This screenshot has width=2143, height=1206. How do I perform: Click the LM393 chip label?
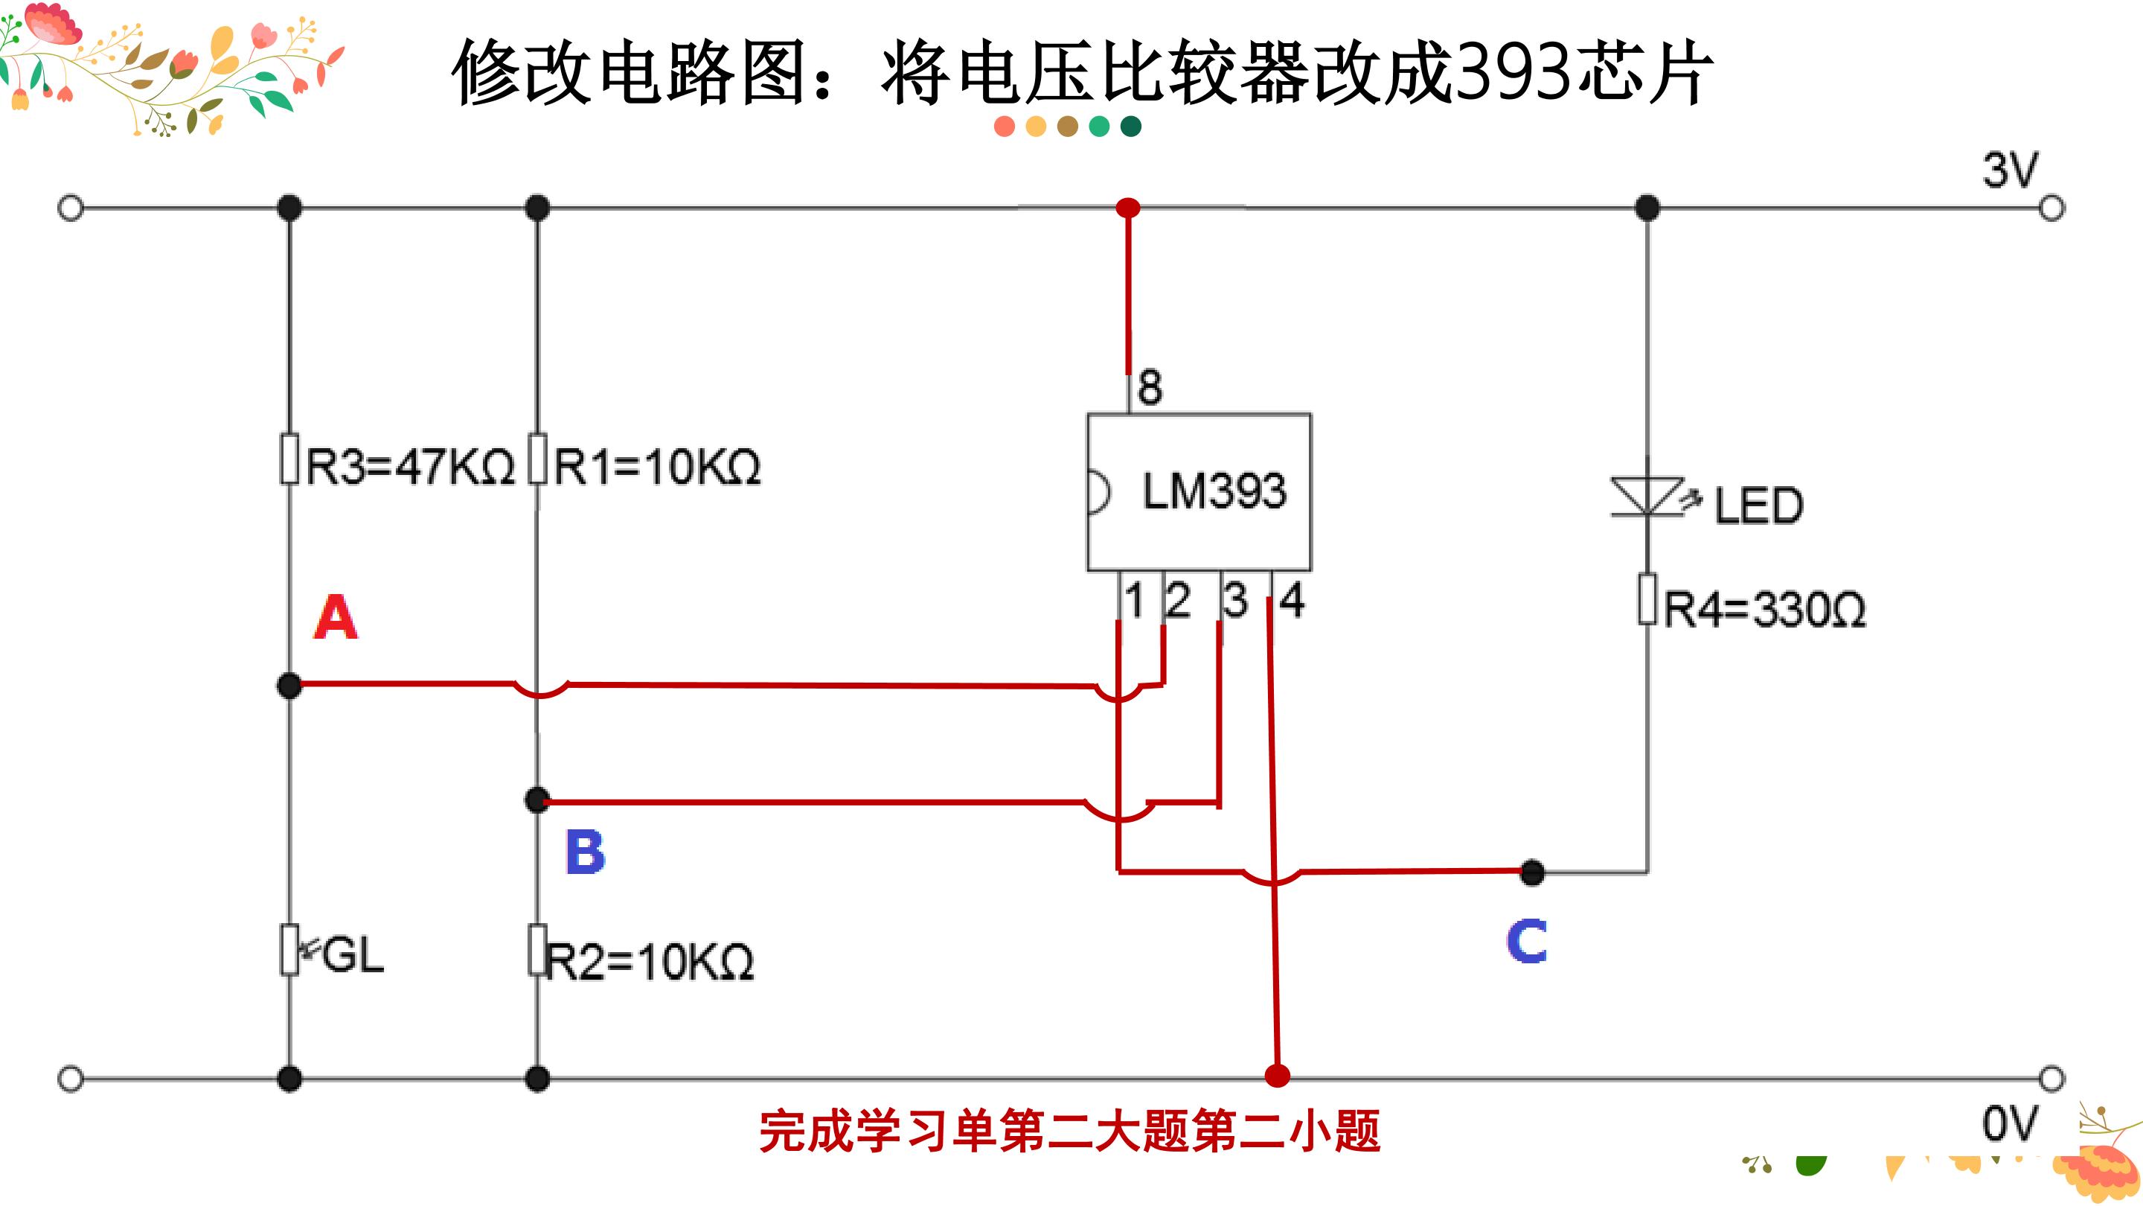[1214, 491]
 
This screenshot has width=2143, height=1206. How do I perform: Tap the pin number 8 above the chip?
[1150, 388]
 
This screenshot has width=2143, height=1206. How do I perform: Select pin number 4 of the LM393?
[1292, 600]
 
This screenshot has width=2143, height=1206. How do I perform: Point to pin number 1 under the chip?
[1134, 600]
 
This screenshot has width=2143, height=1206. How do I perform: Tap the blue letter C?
[1527, 941]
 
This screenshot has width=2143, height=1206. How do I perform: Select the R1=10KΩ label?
[657, 466]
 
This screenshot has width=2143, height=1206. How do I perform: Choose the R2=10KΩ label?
[650, 962]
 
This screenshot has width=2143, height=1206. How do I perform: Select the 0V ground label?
[2011, 1123]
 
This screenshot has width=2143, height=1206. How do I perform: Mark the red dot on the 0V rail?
[1278, 1075]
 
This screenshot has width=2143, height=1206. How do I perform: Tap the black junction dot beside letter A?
[289, 686]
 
